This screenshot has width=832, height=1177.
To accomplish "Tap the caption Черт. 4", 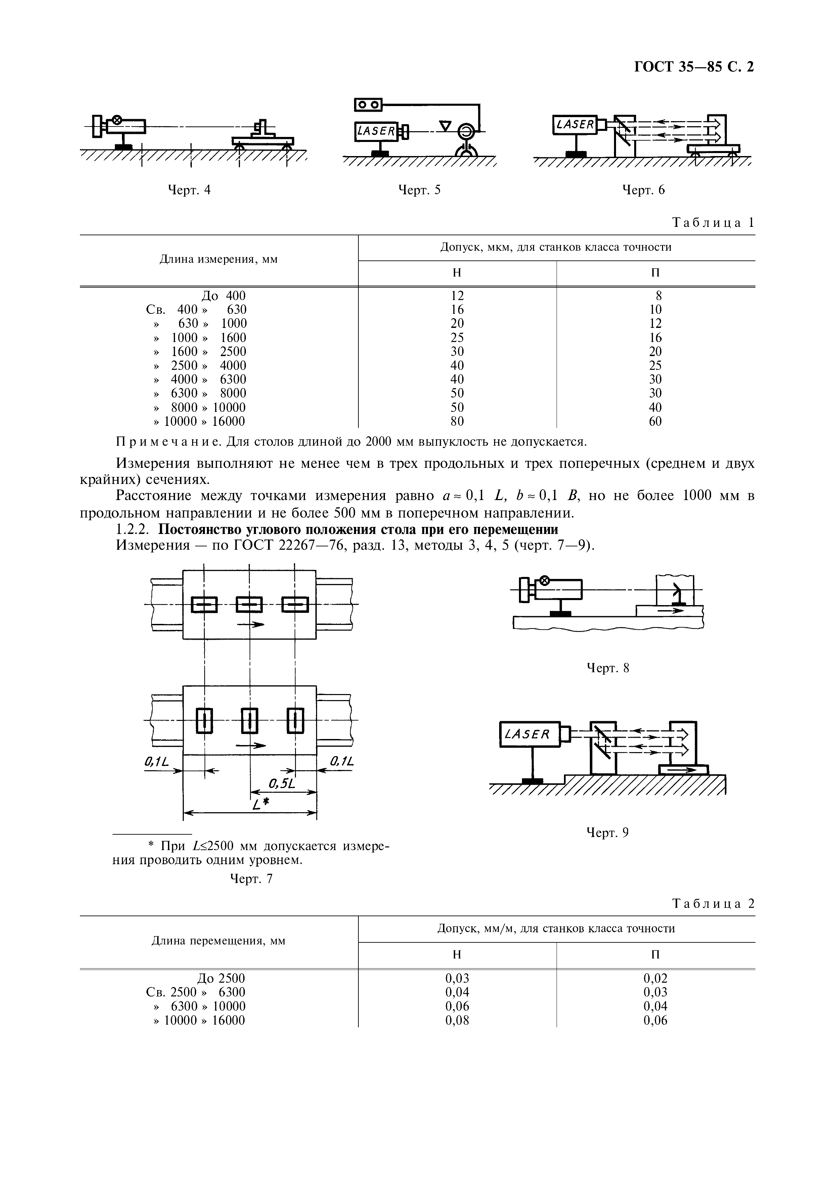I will click(x=189, y=190).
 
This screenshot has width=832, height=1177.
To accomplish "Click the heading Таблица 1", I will click(x=713, y=223).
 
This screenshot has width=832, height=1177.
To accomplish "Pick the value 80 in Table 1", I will click(x=457, y=422).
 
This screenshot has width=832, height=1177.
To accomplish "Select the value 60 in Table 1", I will click(x=655, y=422).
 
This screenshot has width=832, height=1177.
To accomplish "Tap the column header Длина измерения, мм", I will click(x=219, y=259).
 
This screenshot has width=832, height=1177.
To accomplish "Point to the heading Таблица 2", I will click(x=713, y=903).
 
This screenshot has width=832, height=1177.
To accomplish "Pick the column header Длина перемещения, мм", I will click(x=219, y=941).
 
